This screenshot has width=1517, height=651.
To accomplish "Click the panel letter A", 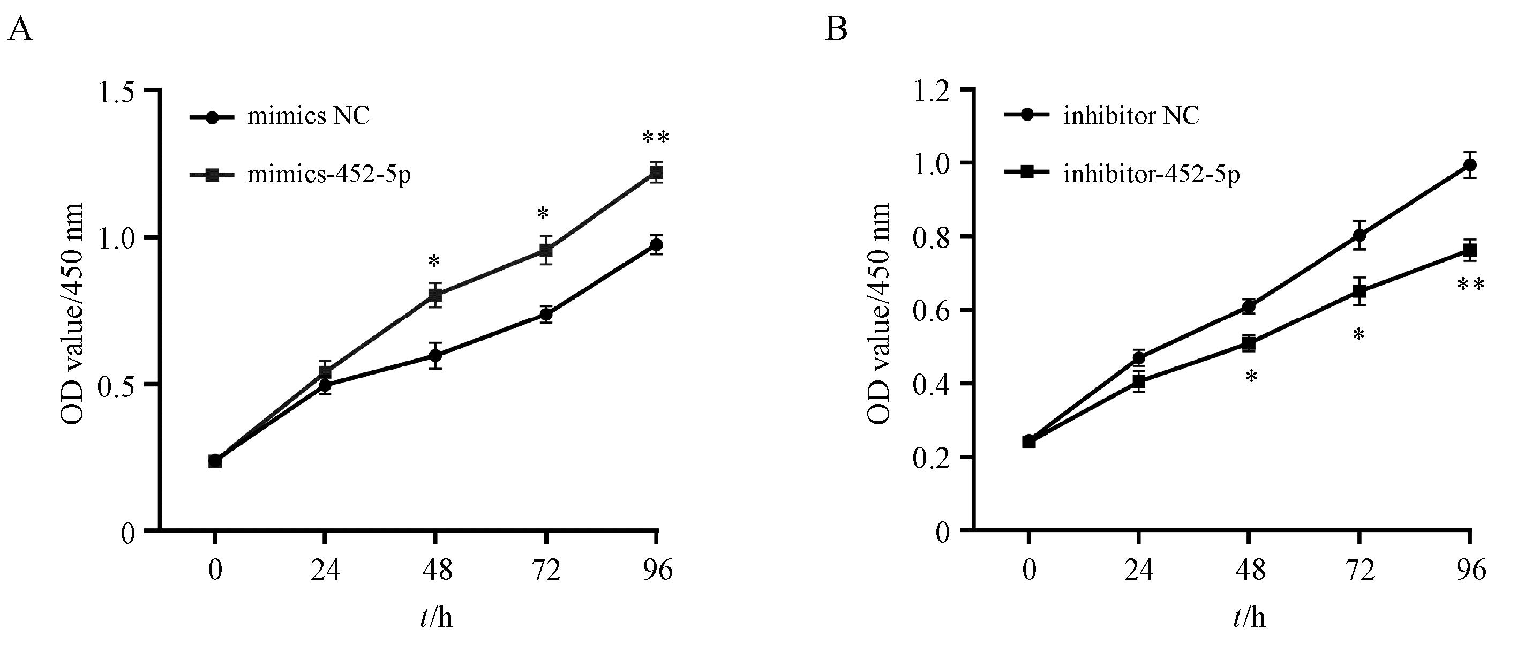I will click(20, 28).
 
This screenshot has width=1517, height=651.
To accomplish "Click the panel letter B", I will click(836, 28).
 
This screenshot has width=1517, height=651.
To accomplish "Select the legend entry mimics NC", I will click(308, 116).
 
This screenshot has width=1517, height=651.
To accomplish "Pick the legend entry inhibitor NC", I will click(1131, 116).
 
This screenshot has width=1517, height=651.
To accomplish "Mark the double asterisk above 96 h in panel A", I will click(656, 138).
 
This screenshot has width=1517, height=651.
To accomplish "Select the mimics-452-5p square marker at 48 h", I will click(435, 295).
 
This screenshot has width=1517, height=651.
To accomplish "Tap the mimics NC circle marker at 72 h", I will click(546, 315).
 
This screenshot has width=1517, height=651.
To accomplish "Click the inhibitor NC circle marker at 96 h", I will click(1470, 165).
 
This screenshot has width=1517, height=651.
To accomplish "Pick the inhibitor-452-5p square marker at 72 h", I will click(1359, 291).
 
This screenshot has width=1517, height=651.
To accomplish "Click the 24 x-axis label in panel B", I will click(1138, 570).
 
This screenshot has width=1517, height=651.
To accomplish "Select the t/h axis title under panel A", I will click(437, 617).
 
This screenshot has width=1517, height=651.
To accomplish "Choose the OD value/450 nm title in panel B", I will click(879, 313).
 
